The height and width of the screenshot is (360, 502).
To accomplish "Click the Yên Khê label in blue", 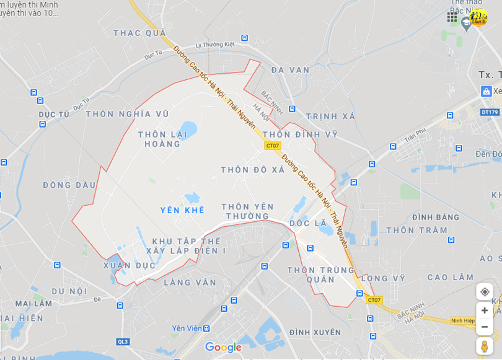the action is [x=182, y=210].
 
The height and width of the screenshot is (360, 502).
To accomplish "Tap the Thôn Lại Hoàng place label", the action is [x=159, y=139].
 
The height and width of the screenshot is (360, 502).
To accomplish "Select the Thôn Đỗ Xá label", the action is [x=252, y=170].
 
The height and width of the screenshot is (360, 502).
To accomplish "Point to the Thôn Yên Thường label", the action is [x=247, y=211].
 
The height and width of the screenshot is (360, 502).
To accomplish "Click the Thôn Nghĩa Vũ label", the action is [x=127, y=114].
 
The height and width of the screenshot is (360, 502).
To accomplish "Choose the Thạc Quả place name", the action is [x=139, y=33].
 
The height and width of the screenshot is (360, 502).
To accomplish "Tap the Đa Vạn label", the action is [x=290, y=70].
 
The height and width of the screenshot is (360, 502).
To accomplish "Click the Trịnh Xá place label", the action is [x=330, y=116].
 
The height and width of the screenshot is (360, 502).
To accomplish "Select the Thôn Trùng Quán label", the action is [x=320, y=274].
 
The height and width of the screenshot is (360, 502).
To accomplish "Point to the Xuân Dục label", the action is [x=130, y=265].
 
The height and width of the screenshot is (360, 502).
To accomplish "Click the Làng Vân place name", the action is [x=190, y=283].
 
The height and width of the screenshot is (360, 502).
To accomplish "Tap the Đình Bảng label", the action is [x=436, y=217].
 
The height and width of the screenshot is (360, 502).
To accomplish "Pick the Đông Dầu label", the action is [x=69, y=185].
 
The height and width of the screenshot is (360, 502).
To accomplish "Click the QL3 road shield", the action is [x=123, y=341].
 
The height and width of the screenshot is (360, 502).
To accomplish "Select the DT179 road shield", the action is [x=490, y=112].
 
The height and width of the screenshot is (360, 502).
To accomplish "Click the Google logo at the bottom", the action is [x=222, y=348].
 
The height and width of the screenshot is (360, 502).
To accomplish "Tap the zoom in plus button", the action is [x=485, y=310].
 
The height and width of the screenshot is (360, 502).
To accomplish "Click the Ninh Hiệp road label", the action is [x=463, y=321].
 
